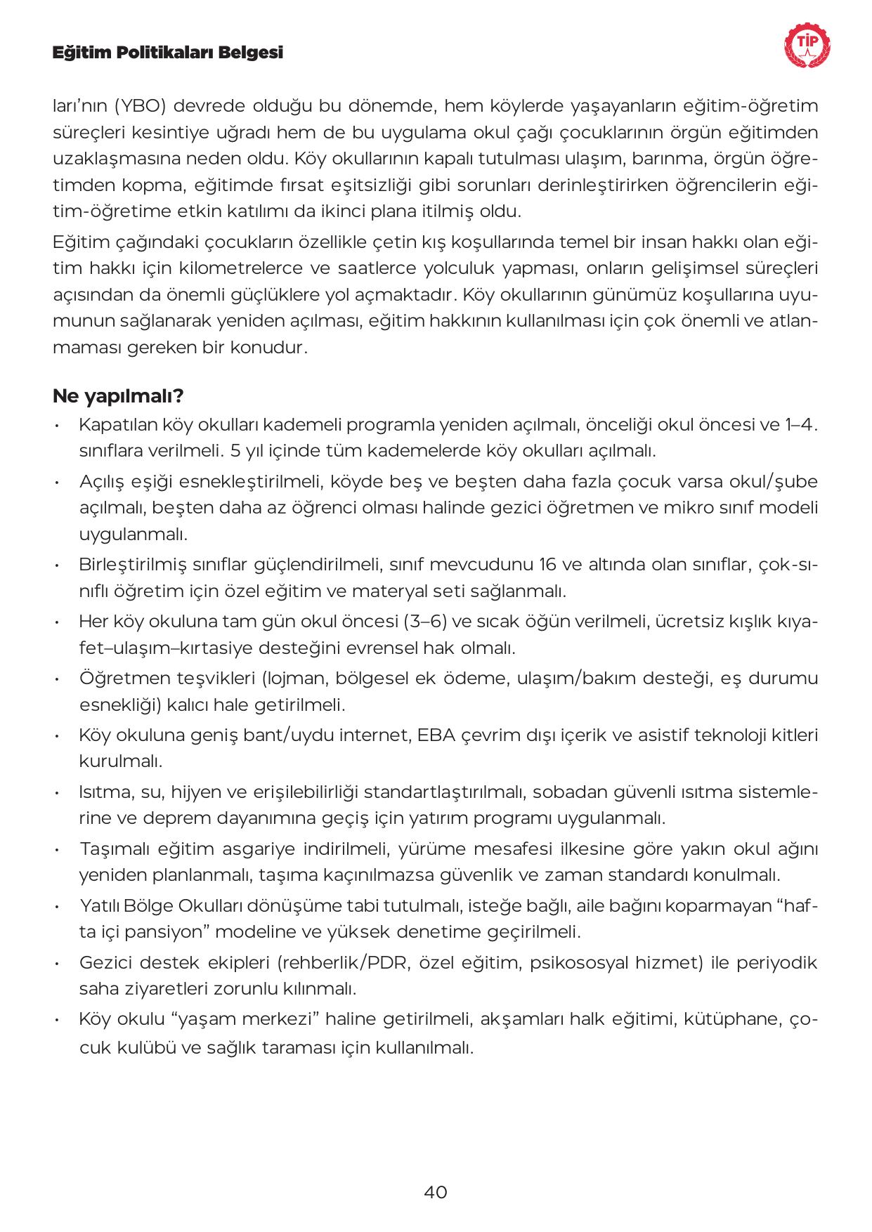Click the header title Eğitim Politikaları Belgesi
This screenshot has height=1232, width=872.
click(168, 53)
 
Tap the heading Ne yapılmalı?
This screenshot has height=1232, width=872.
click(118, 396)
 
